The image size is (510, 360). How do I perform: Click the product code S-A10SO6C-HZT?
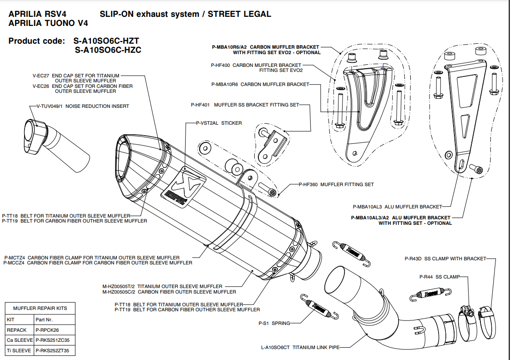tap(106, 41)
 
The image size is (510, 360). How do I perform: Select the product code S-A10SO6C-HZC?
tap(108, 50)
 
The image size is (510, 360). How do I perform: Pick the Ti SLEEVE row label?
tap(19, 350)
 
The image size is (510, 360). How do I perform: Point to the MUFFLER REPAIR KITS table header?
tap(40, 308)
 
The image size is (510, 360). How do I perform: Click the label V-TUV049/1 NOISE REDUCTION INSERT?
tap(83, 106)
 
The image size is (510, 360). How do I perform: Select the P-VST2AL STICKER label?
tap(218, 123)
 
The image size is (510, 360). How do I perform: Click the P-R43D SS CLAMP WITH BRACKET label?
tap(445, 259)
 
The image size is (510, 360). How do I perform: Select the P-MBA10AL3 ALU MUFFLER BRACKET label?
tap(401, 207)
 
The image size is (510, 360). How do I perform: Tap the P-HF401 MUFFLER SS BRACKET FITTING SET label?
tap(245, 105)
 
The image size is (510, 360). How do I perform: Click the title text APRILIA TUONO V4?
tap(48, 23)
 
